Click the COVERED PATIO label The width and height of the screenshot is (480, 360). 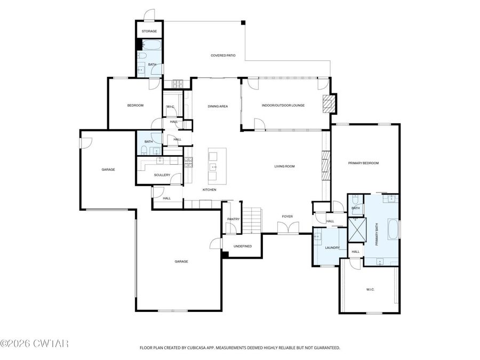click(223, 55)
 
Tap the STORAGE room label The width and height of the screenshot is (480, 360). click(149, 31)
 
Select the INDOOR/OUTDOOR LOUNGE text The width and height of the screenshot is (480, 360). click(283, 105)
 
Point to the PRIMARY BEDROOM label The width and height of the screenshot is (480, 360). click(363, 163)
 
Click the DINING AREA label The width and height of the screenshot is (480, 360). click(218, 106)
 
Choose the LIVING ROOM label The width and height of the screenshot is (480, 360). click(284, 166)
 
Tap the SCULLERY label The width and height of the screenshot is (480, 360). click(162, 175)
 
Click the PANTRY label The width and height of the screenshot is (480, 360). click(233, 219)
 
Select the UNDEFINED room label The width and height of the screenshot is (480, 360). click(241, 246)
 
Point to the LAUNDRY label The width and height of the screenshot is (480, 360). click(332, 247)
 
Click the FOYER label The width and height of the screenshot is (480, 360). click(287, 216)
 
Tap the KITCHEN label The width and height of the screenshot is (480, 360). click(209, 190)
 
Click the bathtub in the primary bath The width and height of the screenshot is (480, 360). click(393, 229)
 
